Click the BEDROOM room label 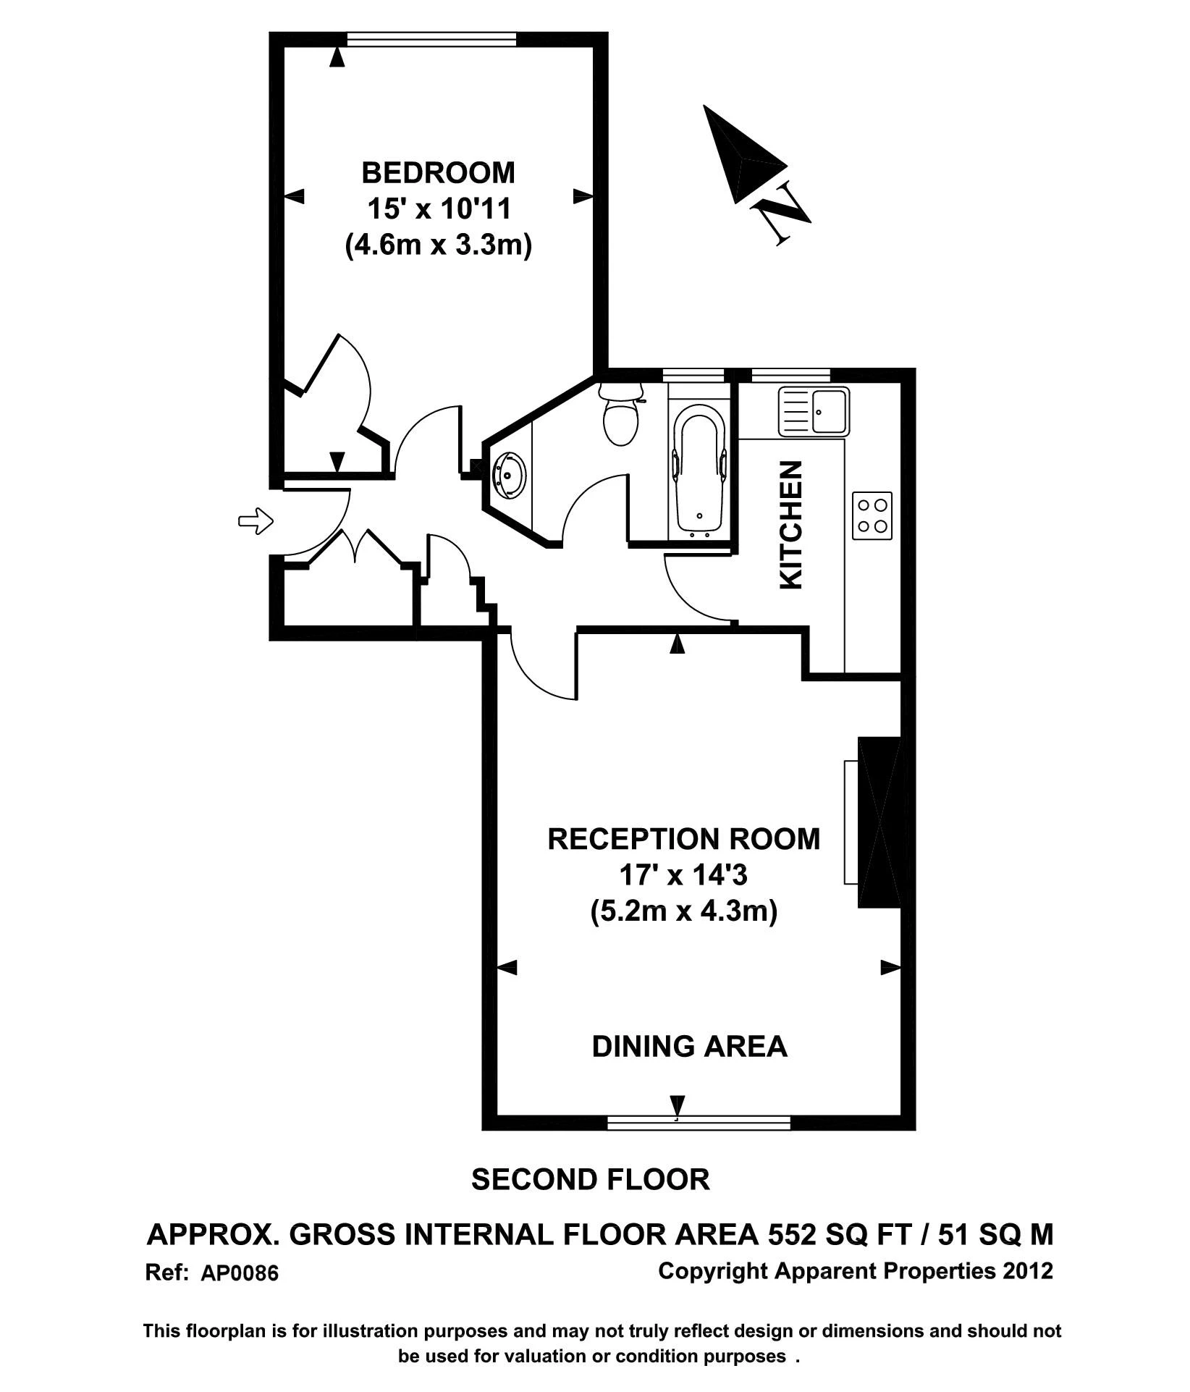[438, 173]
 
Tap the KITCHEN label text [790, 525]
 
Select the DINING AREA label [688, 1047]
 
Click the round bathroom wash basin [508, 475]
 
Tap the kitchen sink [814, 411]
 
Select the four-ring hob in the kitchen [872, 515]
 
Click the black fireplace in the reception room [879, 822]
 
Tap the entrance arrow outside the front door [256, 520]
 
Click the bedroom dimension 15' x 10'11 [439, 209]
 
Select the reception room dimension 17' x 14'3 [683, 875]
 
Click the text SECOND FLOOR [590, 1179]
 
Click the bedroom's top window [431, 40]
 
